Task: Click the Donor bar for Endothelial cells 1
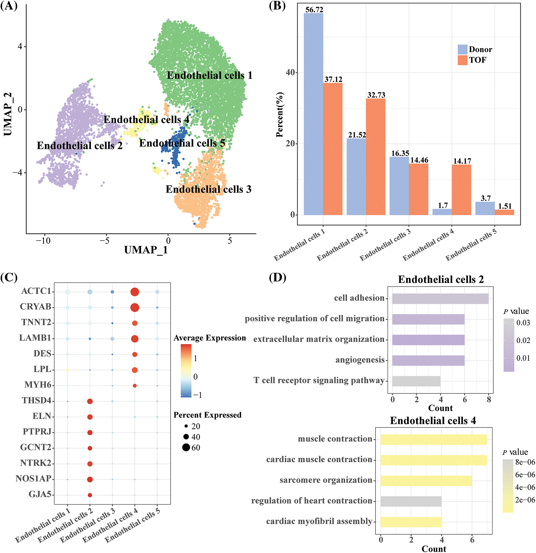coord(313,114)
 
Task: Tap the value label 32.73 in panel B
coord(376,95)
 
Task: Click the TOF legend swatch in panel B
coord(462,60)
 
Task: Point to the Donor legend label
coord(480,49)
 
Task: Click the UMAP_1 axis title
coord(146,250)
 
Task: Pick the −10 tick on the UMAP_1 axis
coord(43,241)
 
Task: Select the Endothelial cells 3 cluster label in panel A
coord(208,189)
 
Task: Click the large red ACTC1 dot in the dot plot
coord(135,292)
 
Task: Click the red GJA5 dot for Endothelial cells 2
coord(90,495)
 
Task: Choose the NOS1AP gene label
coord(33,479)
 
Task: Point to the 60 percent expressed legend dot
coord(186,447)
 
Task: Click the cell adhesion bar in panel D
coord(440,299)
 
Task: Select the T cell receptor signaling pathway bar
coord(416,381)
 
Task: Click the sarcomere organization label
coord(326,480)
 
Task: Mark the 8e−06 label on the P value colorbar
coord(525,462)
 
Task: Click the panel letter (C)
coord(9,277)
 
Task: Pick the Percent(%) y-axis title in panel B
coord(280,114)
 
